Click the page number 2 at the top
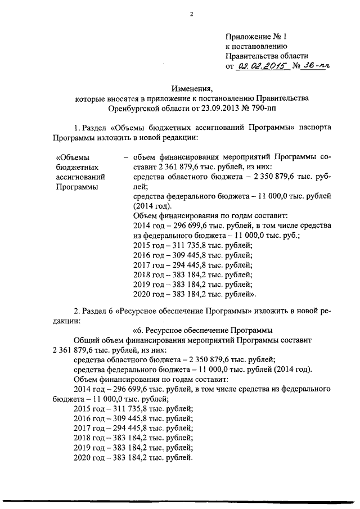(191, 15)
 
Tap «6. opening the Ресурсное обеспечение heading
(138, 331)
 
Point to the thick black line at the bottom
(180, 499)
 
